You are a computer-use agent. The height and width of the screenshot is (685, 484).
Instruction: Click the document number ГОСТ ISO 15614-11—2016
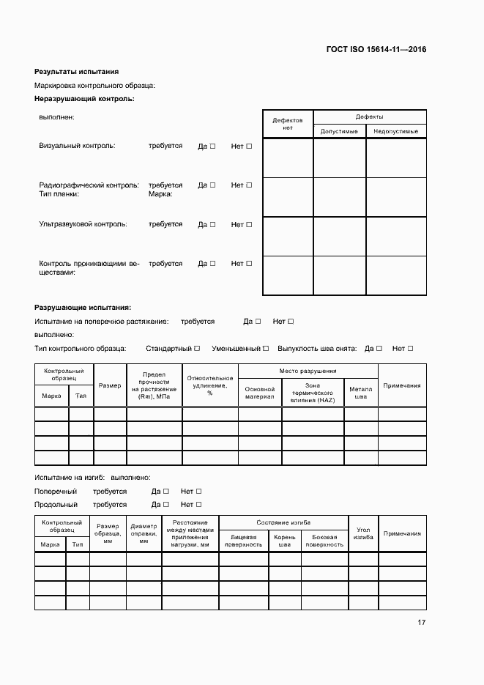pyautogui.click(x=376, y=50)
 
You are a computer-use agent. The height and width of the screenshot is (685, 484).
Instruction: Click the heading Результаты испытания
pyautogui.click(x=76, y=72)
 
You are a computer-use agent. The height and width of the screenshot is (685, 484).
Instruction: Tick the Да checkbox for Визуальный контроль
pyautogui.click(x=212, y=147)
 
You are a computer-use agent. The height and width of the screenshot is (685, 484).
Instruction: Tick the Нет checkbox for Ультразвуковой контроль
pyautogui.click(x=249, y=225)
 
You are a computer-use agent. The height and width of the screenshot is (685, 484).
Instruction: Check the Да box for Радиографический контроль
pyautogui.click(x=212, y=185)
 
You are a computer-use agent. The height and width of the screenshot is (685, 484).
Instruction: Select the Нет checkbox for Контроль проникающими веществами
pyautogui.click(x=249, y=264)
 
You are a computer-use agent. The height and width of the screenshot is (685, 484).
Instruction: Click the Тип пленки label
pyautogui.click(x=59, y=194)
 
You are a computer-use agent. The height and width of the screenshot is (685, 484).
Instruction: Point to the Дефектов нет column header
pyautogui.click(x=288, y=123)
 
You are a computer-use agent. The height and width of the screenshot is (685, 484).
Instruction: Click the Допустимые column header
pyautogui.click(x=339, y=131)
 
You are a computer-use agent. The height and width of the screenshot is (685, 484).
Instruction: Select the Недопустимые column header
pyautogui.click(x=395, y=131)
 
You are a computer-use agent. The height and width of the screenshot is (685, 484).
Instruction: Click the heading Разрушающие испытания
pyautogui.click(x=83, y=308)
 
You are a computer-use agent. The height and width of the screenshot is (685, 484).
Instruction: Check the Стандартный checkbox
pyautogui.click(x=198, y=349)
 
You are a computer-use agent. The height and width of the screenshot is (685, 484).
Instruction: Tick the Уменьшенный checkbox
pyautogui.click(x=266, y=349)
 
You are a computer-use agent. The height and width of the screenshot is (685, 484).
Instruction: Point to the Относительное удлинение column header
pyautogui.click(x=210, y=385)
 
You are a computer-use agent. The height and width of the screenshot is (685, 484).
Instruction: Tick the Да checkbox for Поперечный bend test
pyautogui.click(x=166, y=492)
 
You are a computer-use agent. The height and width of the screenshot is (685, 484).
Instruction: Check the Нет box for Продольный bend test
pyautogui.click(x=198, y=505)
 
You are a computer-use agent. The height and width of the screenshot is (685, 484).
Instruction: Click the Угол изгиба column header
pyautogui.click(x=363, y=533)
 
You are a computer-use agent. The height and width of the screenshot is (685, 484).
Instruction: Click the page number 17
pyautogui.click(x=421, y=623)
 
